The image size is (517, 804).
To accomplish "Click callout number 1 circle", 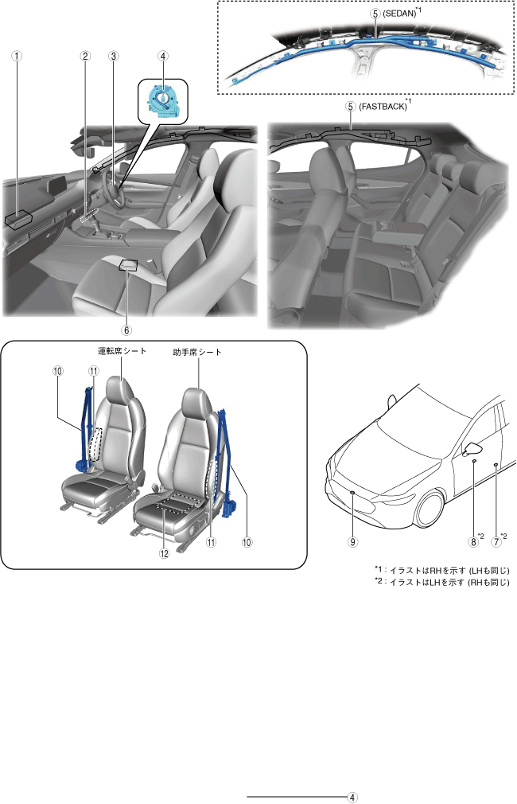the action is (17, 56).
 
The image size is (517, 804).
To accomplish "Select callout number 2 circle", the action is (85, 56).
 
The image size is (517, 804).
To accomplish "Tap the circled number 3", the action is (113, 56).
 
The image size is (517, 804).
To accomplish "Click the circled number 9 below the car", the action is (352, 541).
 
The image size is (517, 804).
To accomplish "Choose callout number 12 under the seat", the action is (164, 553).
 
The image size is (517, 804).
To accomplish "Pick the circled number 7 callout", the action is (496, 541).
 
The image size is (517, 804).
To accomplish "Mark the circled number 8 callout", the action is (473, 541).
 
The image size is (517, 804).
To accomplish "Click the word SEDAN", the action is (399, 14).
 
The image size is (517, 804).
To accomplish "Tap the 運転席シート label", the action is (122, 351).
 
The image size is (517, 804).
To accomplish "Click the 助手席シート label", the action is (197, 353).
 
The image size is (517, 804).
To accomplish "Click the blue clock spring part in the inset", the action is (162, 102).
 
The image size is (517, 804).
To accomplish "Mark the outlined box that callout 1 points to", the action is (19, 219).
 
